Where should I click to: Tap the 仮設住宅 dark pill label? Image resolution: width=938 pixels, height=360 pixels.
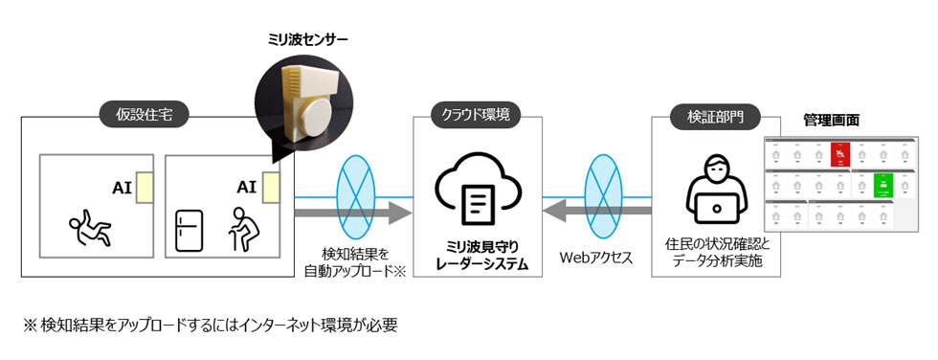point(145,117)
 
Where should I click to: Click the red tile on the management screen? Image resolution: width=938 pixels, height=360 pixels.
point(839,154)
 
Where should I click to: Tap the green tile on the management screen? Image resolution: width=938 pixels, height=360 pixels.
point(882,183)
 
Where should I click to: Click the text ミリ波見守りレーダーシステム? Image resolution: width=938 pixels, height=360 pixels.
point(476,254)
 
